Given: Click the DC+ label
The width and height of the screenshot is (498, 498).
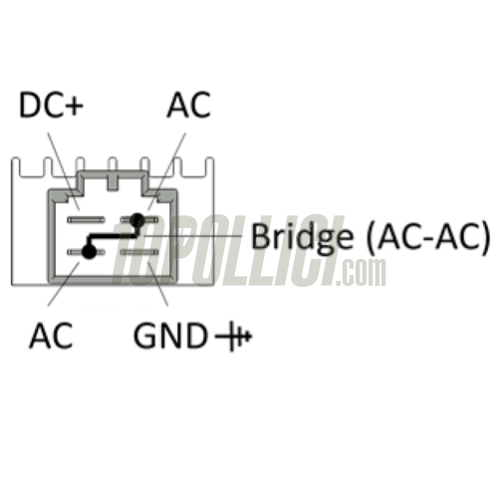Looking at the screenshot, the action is [51, 105].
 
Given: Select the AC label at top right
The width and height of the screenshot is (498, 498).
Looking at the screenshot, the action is [189, 105].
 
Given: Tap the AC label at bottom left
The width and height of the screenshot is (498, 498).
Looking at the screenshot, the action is [51, 335].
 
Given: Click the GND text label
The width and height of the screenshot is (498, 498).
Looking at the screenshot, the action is [169, 336].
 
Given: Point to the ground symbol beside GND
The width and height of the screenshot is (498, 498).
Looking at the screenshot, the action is [234, 336].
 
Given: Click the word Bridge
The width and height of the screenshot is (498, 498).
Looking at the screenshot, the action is [302, 237].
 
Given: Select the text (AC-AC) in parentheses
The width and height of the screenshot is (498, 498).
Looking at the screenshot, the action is [428, 236].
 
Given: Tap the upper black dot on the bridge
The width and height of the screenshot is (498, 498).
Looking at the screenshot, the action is [137, 219].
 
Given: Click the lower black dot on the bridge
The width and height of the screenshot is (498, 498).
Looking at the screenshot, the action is [89, 252].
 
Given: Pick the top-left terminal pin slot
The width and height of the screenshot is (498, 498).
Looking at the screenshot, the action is [86, 219].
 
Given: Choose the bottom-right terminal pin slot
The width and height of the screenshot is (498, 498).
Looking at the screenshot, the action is [139, 252].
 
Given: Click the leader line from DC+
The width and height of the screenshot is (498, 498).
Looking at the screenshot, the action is [64, 171].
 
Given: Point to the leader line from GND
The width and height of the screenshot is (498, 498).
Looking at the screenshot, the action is [158, 284].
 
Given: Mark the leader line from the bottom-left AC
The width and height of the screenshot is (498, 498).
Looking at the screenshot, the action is [64, 284].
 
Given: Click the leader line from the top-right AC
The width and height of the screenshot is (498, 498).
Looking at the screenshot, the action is [166, 171].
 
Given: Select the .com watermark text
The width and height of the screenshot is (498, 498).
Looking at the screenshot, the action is [362, 272].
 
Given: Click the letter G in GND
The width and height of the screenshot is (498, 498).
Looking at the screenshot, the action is [144, 336].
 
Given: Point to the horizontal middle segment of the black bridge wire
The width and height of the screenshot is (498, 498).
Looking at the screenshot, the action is [112, 236].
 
